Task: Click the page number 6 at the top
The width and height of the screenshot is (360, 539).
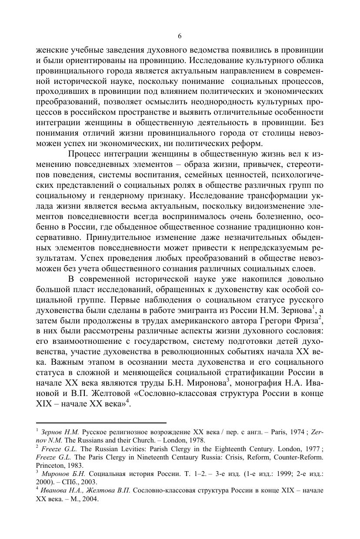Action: [x=180, y=36]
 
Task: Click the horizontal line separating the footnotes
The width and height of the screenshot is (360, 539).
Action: [x=101, y=422]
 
